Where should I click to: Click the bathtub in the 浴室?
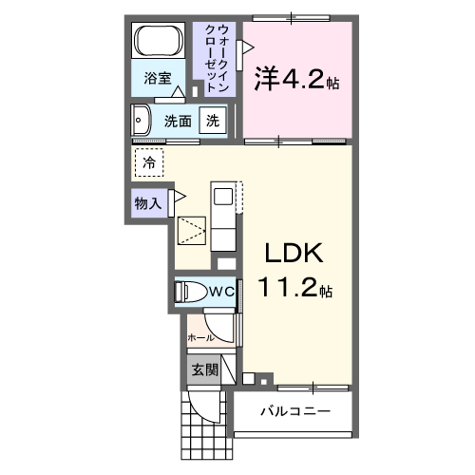click(x=160, y=43)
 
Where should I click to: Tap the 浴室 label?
click(x=158, y=79)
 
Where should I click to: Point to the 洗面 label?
click(x=178, y=121)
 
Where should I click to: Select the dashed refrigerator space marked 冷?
click(x=149, y=162)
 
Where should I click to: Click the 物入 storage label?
click(x=147, y=202)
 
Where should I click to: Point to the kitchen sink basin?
click(x=222, y=199)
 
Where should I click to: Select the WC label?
click(x=221, y=292)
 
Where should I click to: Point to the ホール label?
click(x=200, y=337)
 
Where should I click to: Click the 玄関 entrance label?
click(x=204, y=370)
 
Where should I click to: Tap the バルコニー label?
click(x=295, y=412)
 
